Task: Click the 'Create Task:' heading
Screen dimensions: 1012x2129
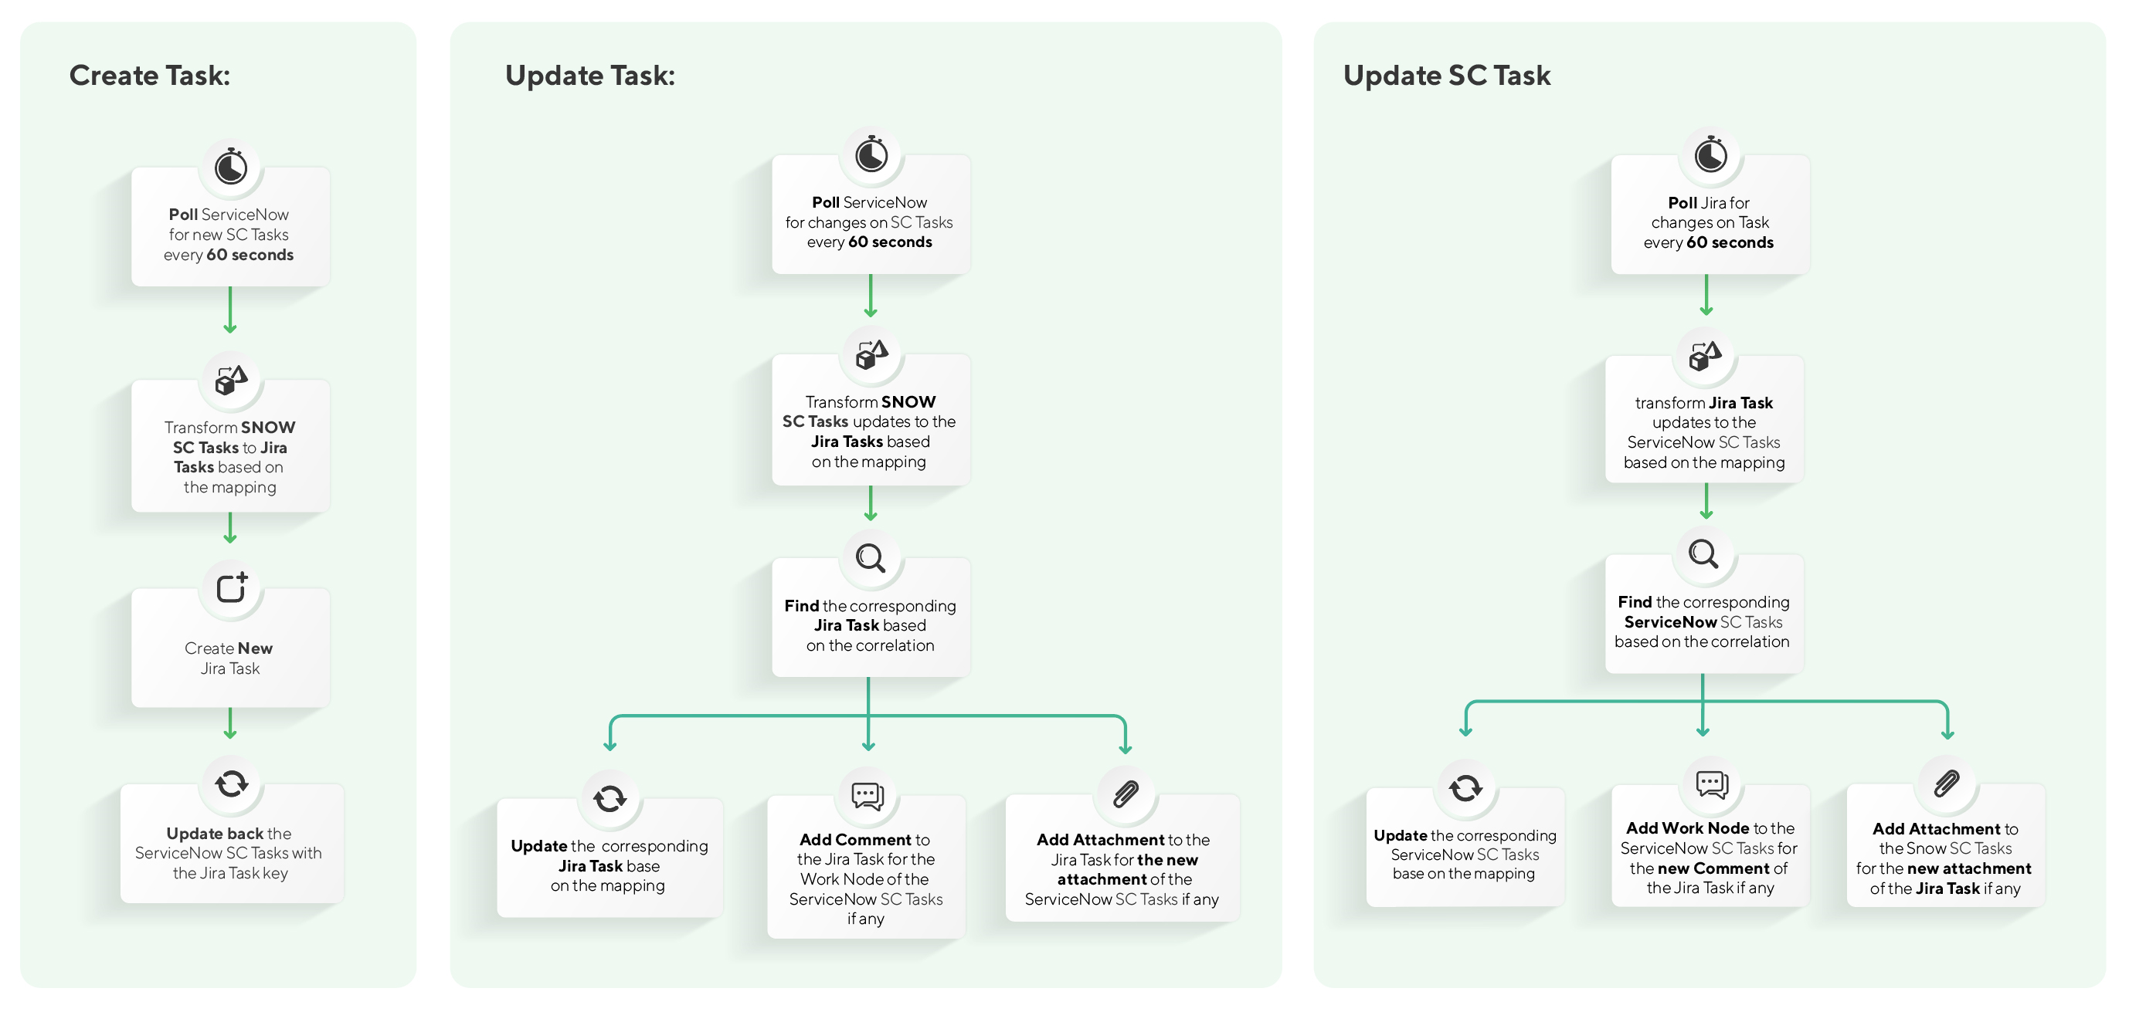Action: (x=150, y=76)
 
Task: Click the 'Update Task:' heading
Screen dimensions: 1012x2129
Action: (x=589, y=76)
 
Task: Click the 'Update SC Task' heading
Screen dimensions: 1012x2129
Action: (x=1446, y=76)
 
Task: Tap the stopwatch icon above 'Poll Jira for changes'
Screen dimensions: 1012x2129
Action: (x=1710, y=154)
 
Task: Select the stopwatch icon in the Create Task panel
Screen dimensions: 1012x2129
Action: (x=230, y=167)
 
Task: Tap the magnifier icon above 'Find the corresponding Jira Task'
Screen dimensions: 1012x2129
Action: (x=871, y=557)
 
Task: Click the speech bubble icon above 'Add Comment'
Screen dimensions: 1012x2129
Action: (x=867, y=796)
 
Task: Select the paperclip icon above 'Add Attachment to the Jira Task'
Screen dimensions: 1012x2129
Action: (x=1126, y=794)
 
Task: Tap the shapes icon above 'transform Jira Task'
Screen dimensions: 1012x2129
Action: (x=1705, y=356)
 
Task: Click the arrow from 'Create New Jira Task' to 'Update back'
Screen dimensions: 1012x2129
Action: (x=230, y=723)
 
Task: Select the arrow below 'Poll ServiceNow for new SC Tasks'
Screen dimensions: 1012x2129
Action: (x=230, y=310)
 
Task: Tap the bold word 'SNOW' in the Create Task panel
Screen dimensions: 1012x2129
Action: (x=268, y=427)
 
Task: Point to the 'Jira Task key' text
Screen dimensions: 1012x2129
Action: (x=247, y=873)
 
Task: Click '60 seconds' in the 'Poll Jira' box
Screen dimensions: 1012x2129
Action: (x=1730, y=242)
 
